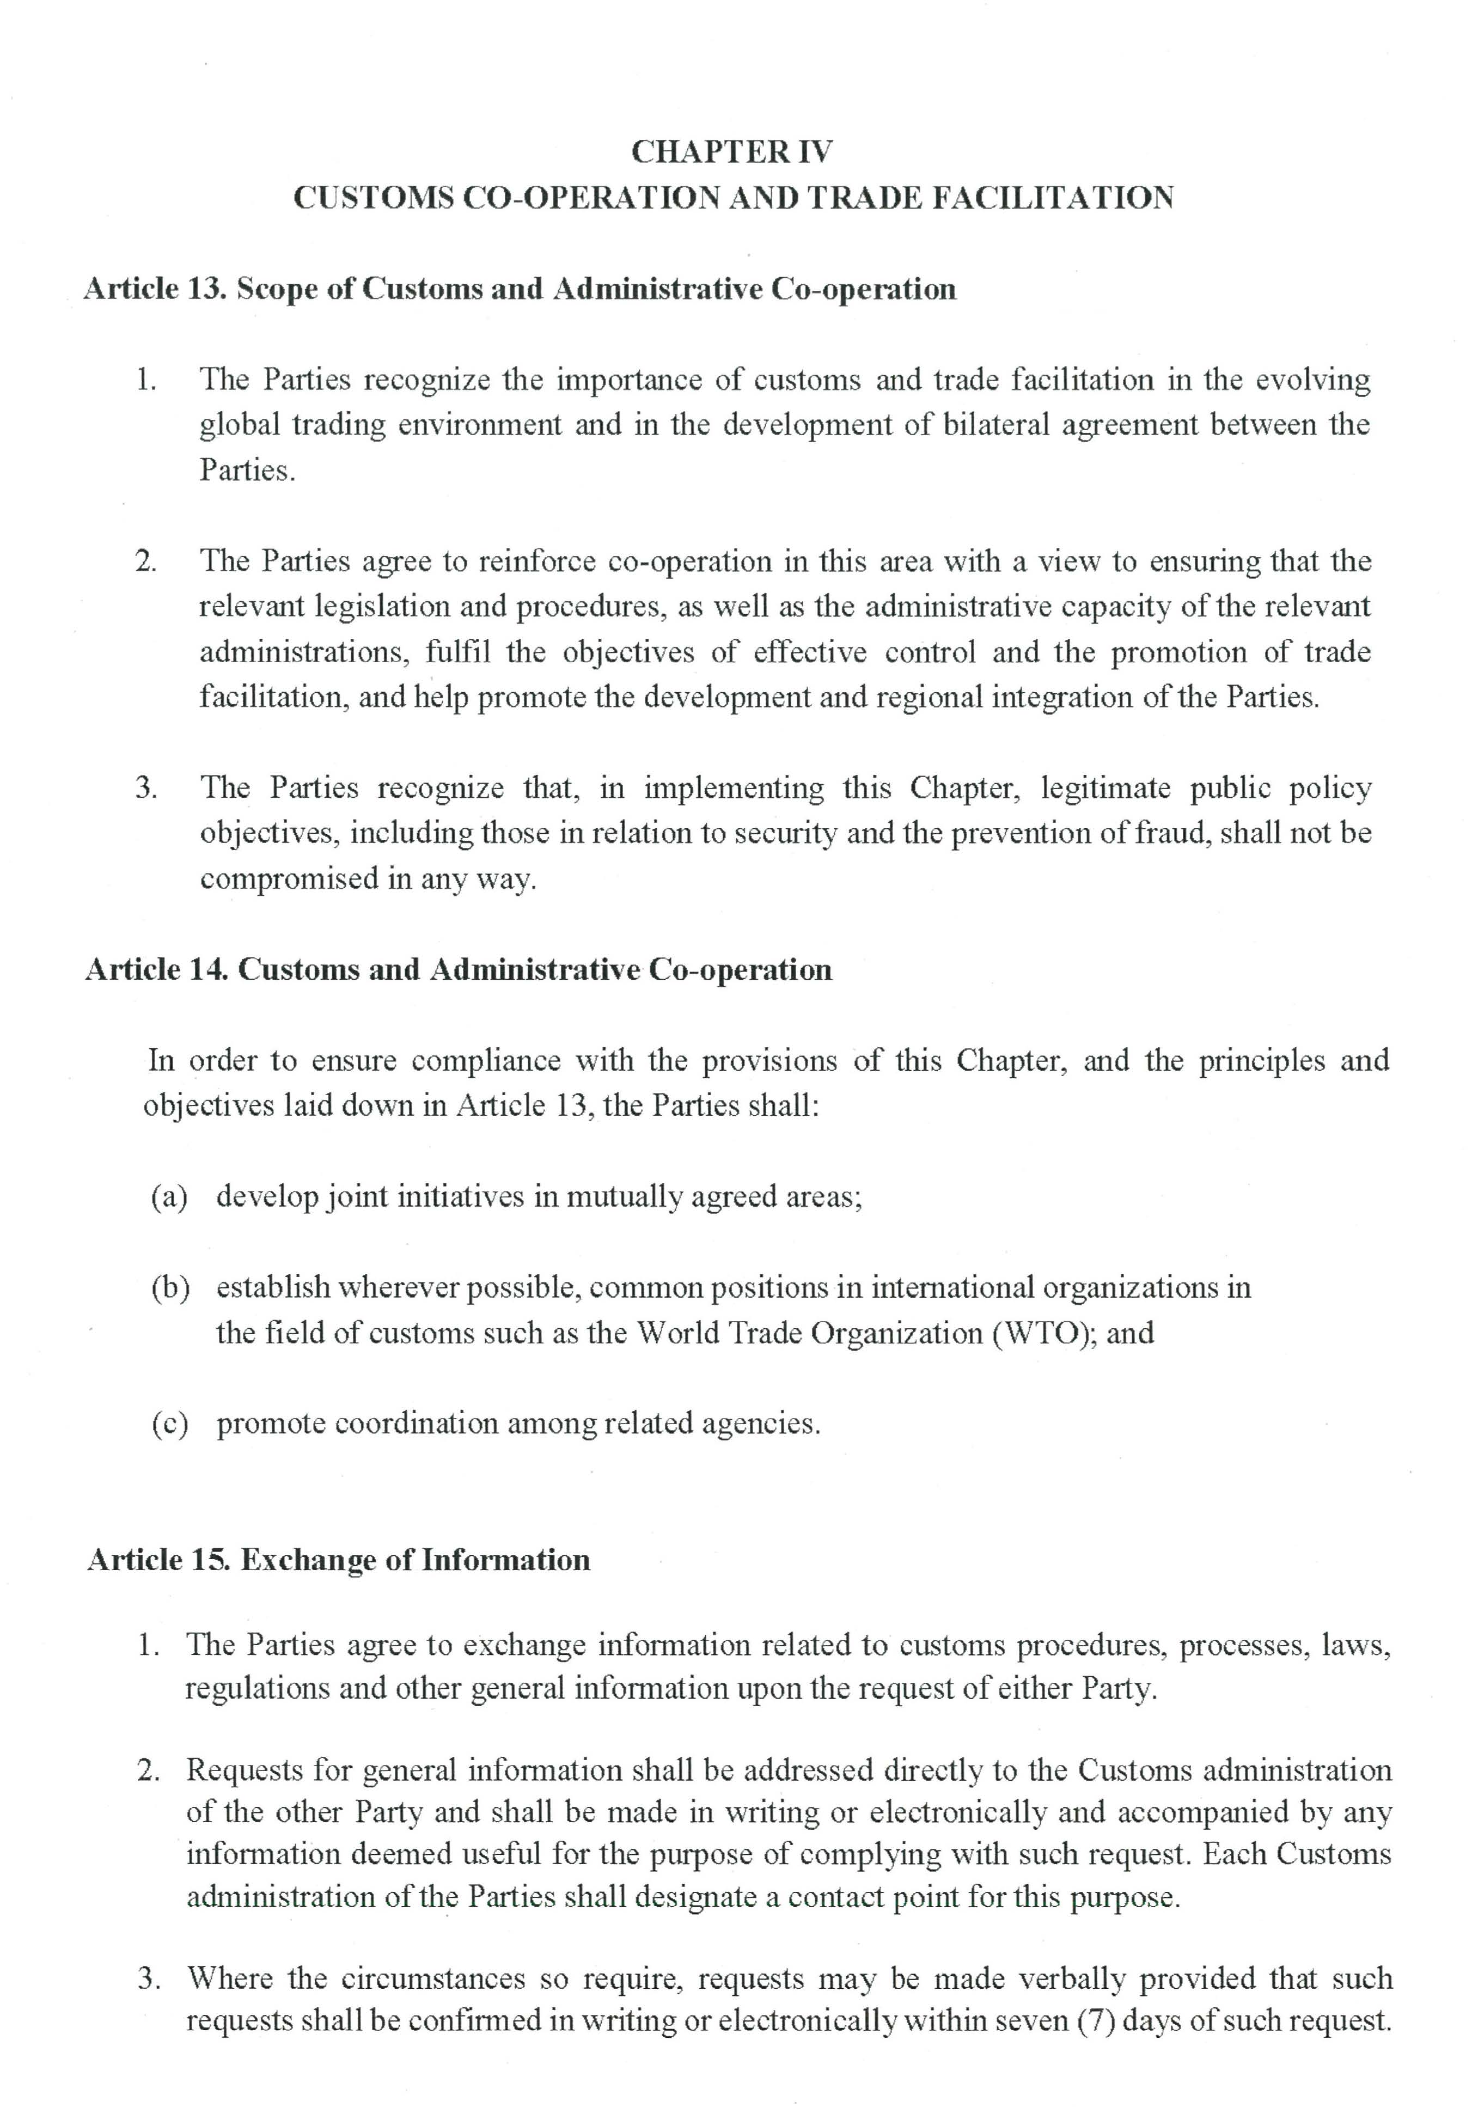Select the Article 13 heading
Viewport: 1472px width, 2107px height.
520,289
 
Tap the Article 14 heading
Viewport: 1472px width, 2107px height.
459,970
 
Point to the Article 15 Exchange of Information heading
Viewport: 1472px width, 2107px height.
339,1560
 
